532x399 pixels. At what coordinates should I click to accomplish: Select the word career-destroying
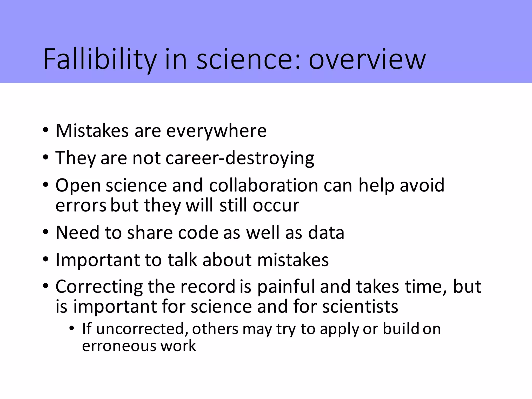240,158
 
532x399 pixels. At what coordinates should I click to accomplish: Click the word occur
276,205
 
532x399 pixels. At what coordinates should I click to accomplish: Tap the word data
326,232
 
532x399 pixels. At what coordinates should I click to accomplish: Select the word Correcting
99,287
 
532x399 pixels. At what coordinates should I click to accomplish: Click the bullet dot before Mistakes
46,130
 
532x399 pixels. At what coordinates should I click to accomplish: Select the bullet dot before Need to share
46,232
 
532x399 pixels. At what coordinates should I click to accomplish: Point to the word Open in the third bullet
78,186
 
